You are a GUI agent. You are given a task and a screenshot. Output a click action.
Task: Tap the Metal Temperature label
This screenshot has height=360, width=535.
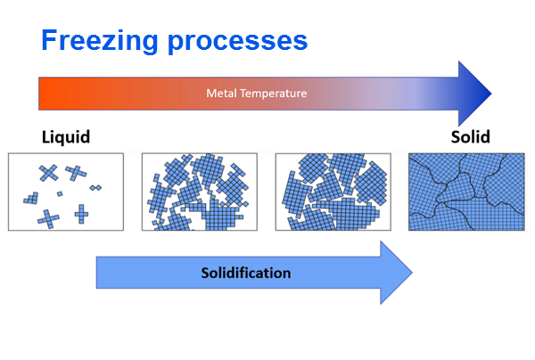256,93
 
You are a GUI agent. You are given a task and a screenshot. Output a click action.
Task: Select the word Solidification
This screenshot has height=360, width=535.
244,272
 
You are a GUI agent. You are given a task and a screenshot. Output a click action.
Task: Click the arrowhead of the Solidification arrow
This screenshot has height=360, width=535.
397,272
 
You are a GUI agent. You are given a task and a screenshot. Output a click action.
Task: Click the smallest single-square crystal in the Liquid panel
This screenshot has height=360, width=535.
60,193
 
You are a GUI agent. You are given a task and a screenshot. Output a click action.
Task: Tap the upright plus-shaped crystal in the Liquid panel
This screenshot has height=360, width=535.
80,213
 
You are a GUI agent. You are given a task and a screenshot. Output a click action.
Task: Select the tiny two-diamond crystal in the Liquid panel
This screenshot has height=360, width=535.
95,187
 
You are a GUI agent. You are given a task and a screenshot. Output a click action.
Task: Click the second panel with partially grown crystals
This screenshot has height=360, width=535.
200,192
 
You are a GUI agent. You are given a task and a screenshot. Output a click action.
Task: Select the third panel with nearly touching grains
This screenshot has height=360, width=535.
333,192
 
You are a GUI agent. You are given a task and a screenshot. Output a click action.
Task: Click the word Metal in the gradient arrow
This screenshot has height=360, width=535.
219,93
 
